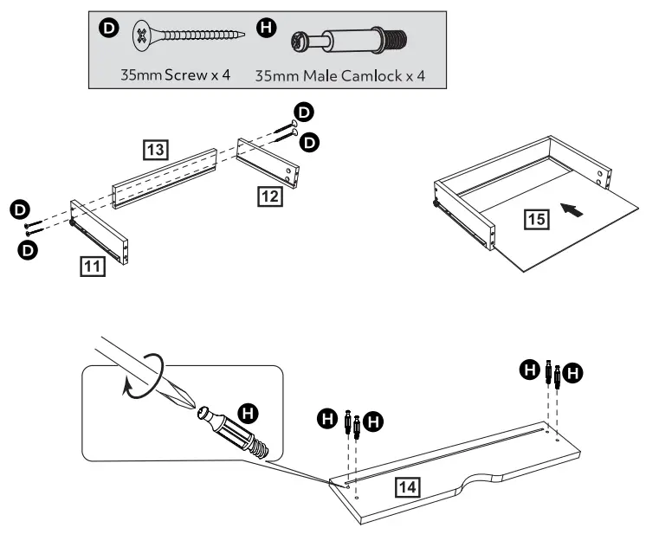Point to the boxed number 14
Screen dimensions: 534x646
tap(408, 486)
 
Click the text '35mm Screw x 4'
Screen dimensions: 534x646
tap(175, 74)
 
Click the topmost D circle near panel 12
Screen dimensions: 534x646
tap(304, 112)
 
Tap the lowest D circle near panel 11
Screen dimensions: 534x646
tap(29, 249)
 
